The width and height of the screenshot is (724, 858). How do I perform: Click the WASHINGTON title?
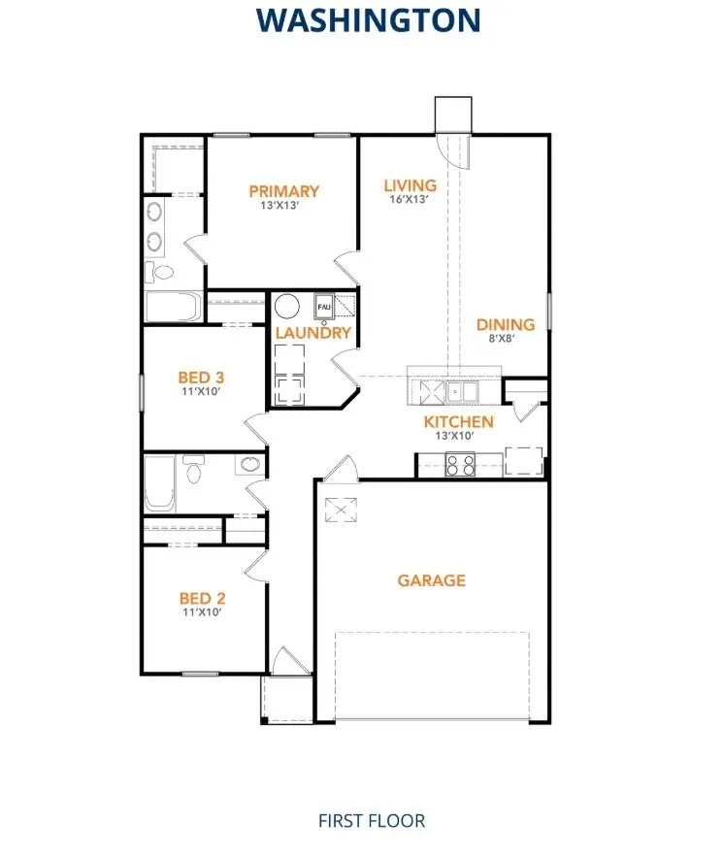click(x=368, y=19)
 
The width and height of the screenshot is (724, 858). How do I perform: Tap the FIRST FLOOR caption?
click(x=372, y=820)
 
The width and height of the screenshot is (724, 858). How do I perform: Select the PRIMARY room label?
click(x=283, y=191)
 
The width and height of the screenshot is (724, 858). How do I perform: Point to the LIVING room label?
click(x=410, y=185)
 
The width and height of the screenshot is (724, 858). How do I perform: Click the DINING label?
click(x=505, y=325)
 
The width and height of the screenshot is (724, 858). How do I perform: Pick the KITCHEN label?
click(x=458, y=422)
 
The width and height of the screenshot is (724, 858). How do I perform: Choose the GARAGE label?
click(x=432, y=580)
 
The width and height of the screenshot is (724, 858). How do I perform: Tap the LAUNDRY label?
click(x=313, y=333)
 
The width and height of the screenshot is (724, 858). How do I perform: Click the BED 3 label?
click(x=202, y=377)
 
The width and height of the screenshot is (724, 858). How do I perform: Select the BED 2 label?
click(x=202, y=599)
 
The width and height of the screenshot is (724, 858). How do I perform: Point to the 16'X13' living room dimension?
click(x=409, y=200)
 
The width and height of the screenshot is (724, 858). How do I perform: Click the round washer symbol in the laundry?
click(x=287, y=307)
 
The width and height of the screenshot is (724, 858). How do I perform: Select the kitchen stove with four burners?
click(x=459, y=466)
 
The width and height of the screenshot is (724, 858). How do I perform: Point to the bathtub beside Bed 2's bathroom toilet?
click(x=158, y=484)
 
